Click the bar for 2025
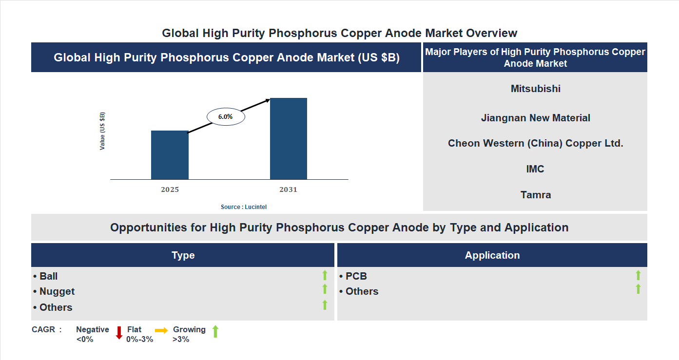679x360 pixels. (x=170, y=155)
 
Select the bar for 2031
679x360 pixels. (x=289, y=139)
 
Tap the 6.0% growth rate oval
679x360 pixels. (x=226, y=117)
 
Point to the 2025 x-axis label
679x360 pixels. (x=170, y=189)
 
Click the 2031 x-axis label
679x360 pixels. (x=288, y=189)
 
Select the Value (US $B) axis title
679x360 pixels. (x=102, y=131)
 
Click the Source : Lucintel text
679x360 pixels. (x=244, y=207)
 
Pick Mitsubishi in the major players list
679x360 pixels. (x=536, y=89)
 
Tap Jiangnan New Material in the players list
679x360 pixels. (x=536, y=118)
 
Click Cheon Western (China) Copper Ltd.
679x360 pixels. (x=536, y=143)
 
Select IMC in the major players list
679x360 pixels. (x=535, y=169)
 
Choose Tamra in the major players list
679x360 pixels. (x=536, y=195)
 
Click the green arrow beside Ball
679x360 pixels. (x=325, y=276)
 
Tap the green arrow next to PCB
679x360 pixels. (x=638, y=276)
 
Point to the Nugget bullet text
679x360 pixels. (x=57, y=291)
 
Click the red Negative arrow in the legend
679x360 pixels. (x=119, y=333)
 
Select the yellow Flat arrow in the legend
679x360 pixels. (x=161, y=330)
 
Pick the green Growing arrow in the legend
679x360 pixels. (x=215, y=331)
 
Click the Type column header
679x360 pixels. (x=183, y=255)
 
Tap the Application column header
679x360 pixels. (x=492, y=255)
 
